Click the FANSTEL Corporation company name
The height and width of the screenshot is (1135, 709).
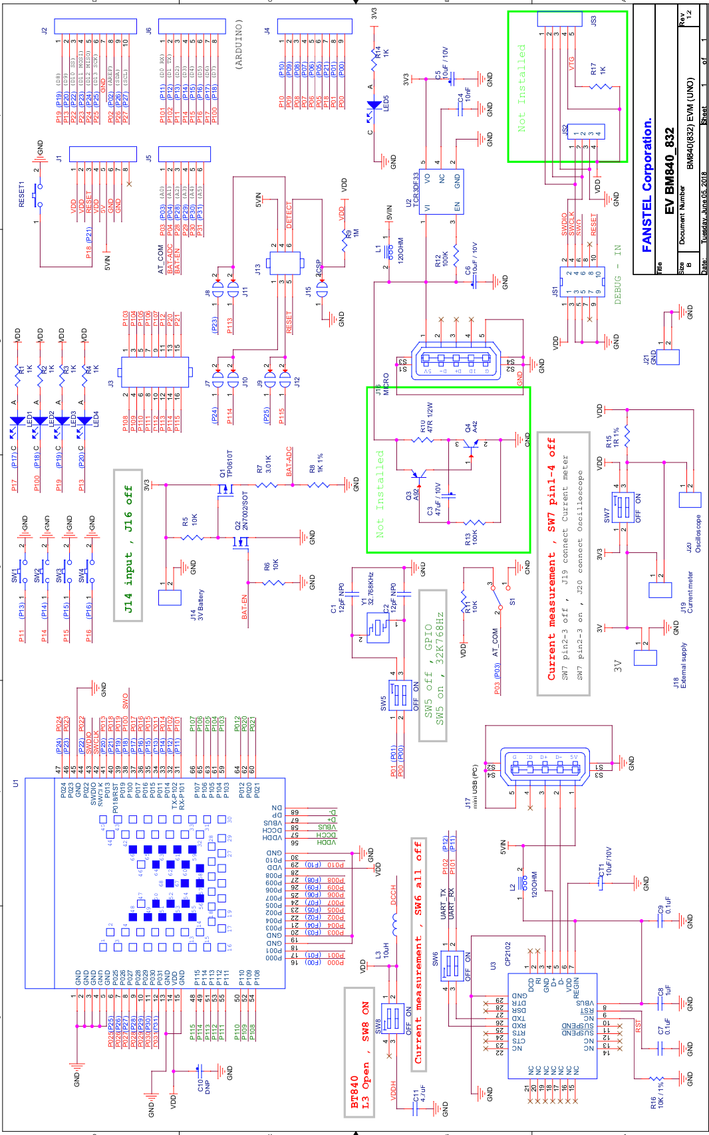647,185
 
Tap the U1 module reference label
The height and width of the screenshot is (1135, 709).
16,784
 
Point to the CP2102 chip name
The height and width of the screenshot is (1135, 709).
508,953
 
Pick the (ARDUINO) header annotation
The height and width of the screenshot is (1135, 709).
239,44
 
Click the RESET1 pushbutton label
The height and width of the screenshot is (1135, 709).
21,194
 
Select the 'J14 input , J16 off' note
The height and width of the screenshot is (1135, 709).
128,544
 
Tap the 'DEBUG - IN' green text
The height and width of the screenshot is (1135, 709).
618,274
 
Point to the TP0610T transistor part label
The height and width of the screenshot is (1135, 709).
230,464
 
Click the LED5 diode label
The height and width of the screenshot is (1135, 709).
386,103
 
